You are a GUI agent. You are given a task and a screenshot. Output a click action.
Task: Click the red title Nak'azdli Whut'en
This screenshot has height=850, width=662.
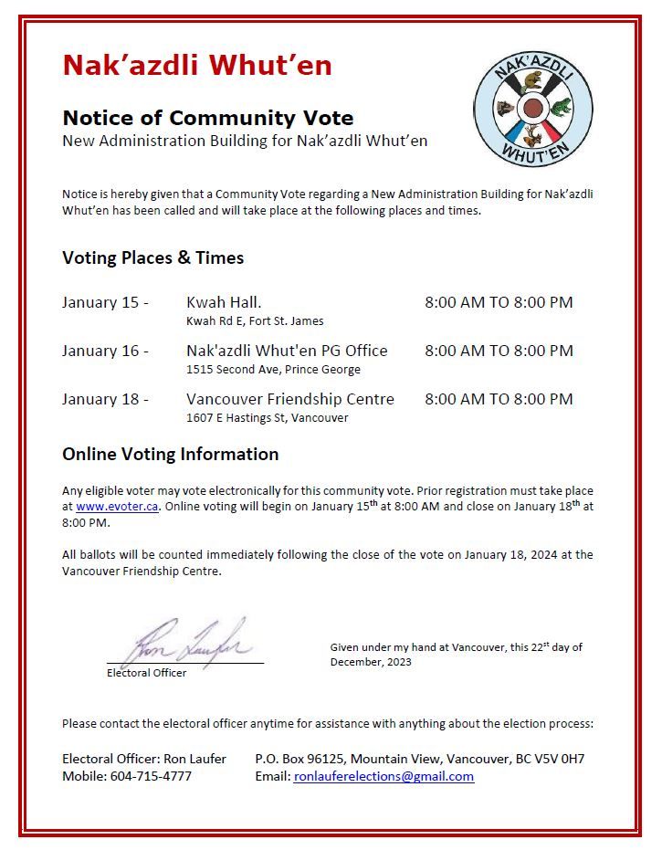coord(196,66)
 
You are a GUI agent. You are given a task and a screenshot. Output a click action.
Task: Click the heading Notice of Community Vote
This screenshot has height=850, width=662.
coord(207,118)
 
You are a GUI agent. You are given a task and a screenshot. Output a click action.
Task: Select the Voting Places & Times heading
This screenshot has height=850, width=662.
coord(152,257)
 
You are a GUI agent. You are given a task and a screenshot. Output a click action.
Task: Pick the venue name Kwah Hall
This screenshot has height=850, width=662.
coord(224,302)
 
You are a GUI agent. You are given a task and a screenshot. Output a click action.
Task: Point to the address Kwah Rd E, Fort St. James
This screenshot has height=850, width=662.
coord(255,321)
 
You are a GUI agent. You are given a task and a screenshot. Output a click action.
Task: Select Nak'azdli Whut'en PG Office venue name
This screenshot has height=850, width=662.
coord(287,351)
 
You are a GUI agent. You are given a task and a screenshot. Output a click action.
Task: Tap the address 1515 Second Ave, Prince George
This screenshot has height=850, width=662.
coord(273,370)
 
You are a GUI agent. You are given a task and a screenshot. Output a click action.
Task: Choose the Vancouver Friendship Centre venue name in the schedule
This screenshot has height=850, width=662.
coord(290,399)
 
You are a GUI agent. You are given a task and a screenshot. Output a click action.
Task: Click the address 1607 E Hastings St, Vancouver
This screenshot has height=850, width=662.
coord(267,418)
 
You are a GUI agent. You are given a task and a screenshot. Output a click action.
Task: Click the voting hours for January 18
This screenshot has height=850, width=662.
coord(499,399)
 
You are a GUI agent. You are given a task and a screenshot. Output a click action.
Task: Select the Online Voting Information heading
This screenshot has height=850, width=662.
coord(170,454)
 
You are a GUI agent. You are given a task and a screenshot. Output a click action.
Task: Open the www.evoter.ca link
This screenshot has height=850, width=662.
coord(118,507)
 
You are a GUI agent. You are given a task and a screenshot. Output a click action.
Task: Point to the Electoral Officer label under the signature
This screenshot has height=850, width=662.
coord(146,673)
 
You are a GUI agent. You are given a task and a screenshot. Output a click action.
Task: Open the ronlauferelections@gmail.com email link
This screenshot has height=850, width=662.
coord(384,776)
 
